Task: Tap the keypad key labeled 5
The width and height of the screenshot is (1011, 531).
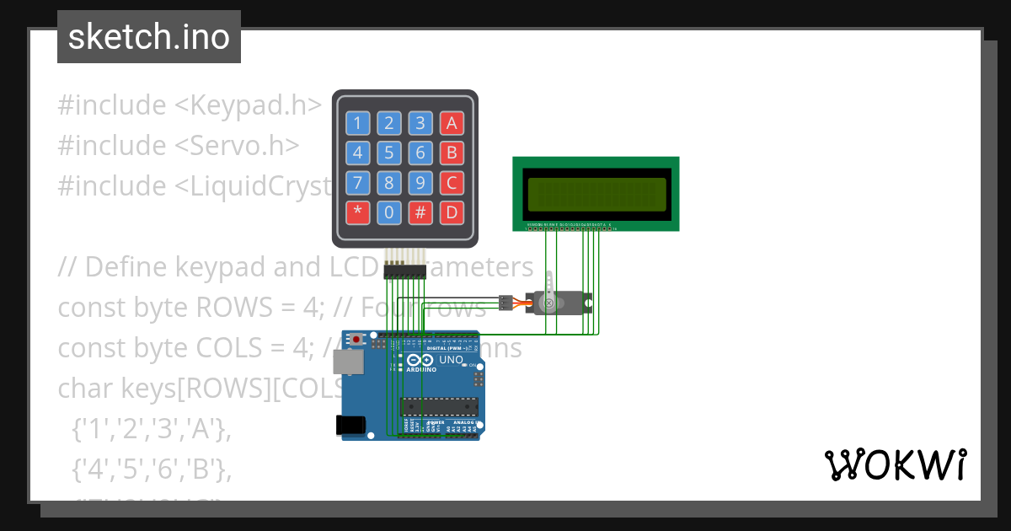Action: click(x=388, y=153)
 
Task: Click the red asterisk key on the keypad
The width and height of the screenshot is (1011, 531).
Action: click(x=358, y=212)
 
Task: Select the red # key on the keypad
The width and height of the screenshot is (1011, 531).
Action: click(x=420, y=212)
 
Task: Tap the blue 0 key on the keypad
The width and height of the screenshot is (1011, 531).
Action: click(x=388, y=212)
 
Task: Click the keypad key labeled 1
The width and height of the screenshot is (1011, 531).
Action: click(x=358, y=124)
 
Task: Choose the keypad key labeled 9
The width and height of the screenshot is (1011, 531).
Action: click(x=420, y=182)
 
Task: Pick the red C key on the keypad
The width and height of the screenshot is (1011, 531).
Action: click(x=452, y=182)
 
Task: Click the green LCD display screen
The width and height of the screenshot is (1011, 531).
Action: click(x=595, y=194)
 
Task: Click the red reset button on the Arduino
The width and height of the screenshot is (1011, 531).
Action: click(x=356, y=339)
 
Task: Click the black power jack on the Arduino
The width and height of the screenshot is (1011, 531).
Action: click(x=353, y=426)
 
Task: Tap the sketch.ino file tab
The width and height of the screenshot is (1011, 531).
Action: click(x=149, y=37)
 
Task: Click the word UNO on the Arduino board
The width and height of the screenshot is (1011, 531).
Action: click(x=451, y=360)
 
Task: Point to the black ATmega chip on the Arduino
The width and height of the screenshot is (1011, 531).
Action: click(x=439, y=405)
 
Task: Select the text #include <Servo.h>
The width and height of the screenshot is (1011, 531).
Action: click(x=179, y=145)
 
